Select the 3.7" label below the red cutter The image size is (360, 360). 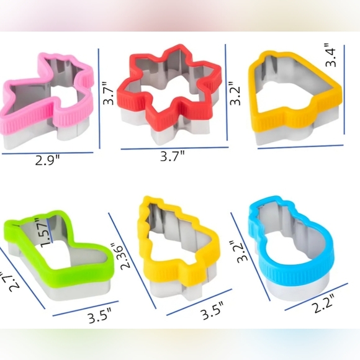click(x=173, y=157)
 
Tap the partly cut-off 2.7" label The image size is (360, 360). click(x=6, y=282)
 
